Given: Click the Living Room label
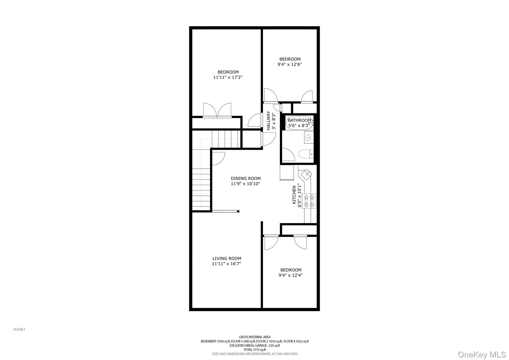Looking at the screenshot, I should pos(227,258).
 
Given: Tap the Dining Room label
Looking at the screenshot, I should pos(246,178).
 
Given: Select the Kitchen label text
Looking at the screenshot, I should pos(294,195).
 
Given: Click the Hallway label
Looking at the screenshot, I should pos(268,121).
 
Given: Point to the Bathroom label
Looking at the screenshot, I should pos(299,120).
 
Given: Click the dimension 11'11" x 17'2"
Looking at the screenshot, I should pos(228,77).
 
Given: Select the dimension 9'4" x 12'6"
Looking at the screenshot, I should pos(290,64).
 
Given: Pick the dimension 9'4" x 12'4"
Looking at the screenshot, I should pos(290,275).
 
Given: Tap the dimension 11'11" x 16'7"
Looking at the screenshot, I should pos(226,264).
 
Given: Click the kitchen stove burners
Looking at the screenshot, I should pos(309,201).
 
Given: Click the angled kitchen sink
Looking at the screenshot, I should pos(306,174).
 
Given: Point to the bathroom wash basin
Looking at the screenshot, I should pos(308,138).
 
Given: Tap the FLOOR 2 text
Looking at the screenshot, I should pos(19,329).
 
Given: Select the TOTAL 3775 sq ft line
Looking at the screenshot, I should pos(254,350).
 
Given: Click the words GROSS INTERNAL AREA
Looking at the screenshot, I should pos(254,337).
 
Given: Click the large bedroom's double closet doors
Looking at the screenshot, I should pos(217,110).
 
